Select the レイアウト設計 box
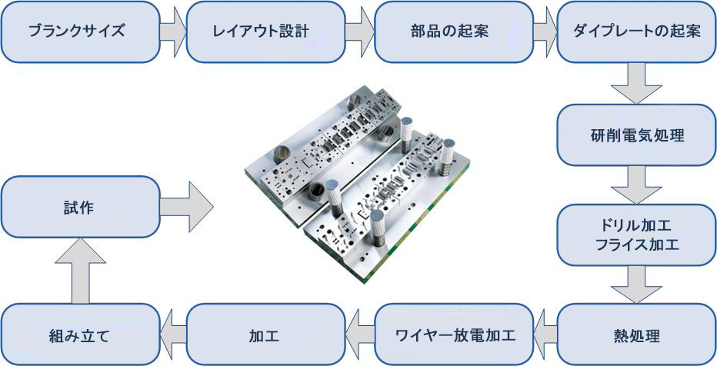(265, 32)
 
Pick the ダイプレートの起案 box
(636, 32)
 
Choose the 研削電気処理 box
(636, 135)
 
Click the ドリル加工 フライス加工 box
(636, 235)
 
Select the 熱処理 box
(636, 336)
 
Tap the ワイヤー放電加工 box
(454, 336)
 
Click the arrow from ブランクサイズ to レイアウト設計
(173, 32)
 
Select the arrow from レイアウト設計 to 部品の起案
(360, 32)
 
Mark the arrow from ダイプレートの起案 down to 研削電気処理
(636, 84)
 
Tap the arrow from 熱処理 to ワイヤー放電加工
(545, 336)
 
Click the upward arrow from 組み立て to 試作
(81, 271)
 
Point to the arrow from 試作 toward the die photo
(187, 207)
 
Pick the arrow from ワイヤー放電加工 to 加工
(360, 336)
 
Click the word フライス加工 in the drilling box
(636, 245)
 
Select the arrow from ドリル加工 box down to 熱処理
(636, 284)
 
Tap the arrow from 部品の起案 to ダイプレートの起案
(545, 32)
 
